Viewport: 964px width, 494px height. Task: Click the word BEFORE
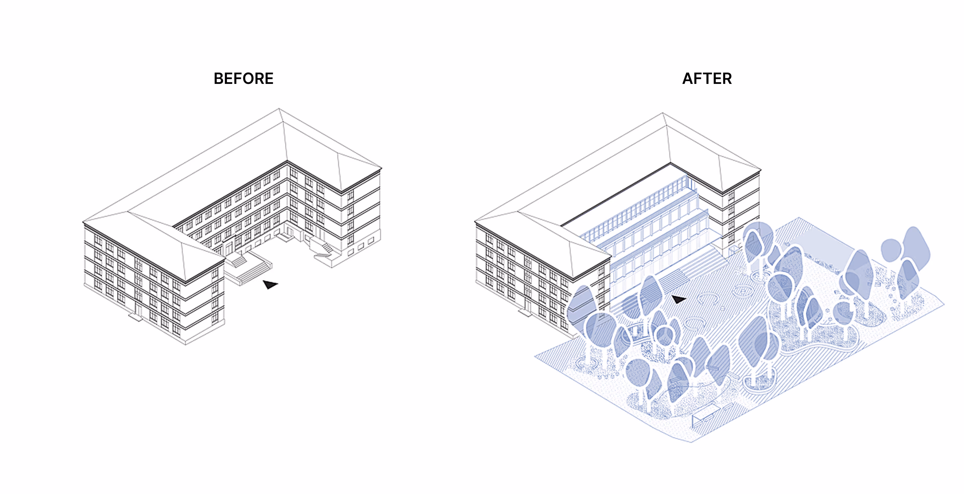243,78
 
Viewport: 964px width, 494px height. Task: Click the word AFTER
707,78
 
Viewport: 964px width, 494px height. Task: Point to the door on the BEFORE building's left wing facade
138,310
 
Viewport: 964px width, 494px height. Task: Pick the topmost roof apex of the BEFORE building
279,109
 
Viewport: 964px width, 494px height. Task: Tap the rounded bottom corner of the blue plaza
690,441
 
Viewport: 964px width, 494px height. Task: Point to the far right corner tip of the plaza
944,305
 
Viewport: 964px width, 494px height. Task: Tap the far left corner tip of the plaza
535,355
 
